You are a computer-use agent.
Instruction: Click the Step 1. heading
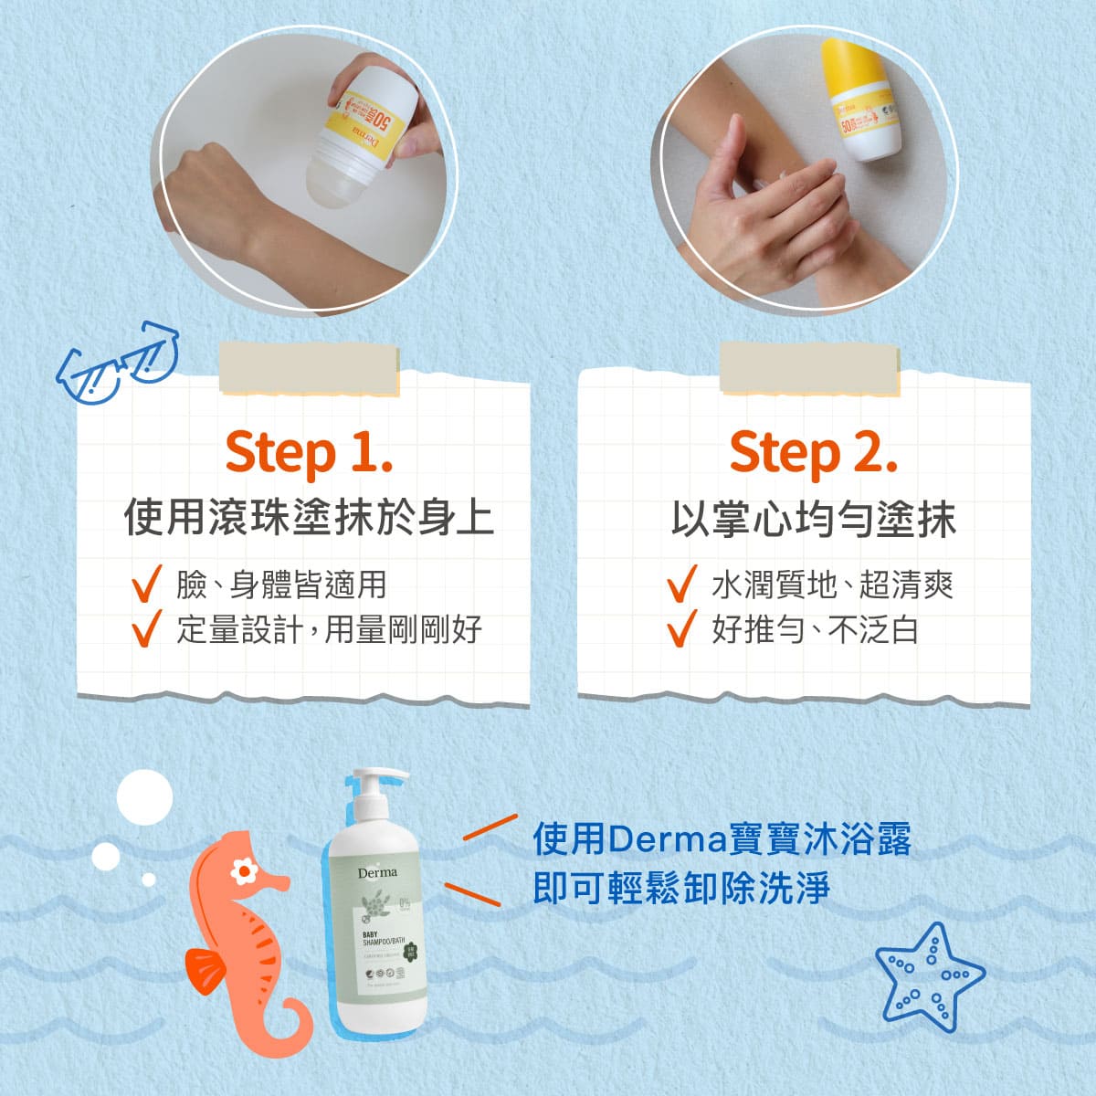pyautogui.click(x=309, y=453)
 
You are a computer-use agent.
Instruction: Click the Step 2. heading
pyautogui.click(x=812, y=453)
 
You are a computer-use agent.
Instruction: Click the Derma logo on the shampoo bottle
pyautogui.click(x=377, y=872)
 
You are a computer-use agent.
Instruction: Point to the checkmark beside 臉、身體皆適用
pyautogui.click(x=146, y=585)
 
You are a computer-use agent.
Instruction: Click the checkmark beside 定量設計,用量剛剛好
pyautogui.click(x=146, y=629)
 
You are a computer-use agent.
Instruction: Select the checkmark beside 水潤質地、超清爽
pyautogui.click(x=681, y=585)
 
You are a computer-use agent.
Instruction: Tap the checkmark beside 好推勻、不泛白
pyautogui.click(x=681, y=629)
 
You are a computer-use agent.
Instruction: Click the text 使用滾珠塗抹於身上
pyautogui.click(x=309, y=518)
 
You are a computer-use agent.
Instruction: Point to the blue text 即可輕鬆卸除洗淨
pyautogui.click(x=680, y=888)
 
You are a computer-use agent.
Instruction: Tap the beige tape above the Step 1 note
pyautogui.click(x=309, y=367)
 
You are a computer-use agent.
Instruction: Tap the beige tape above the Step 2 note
pyautogui.click(x=809, y=367)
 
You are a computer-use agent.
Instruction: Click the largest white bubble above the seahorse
pyautogui.click(x=144, y=797)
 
